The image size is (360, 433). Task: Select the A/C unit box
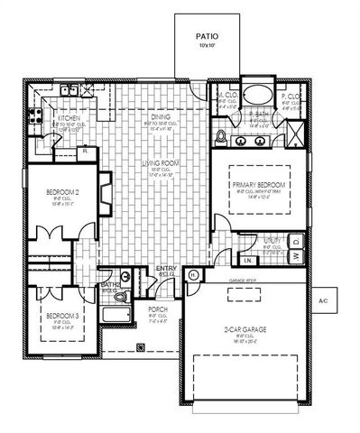322,300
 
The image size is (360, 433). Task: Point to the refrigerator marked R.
83,152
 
